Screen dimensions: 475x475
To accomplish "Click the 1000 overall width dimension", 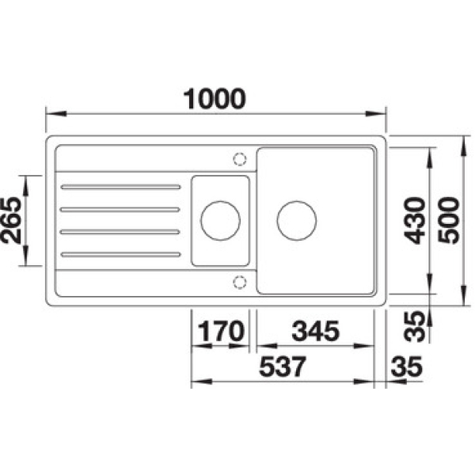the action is tap(215, 99).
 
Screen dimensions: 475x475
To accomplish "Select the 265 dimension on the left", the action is tap(12, 220).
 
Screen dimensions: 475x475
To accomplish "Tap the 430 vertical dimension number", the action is tap(416, 220).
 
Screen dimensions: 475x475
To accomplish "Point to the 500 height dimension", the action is tap(449, 220).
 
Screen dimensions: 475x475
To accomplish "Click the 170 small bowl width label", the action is tap(221, 331).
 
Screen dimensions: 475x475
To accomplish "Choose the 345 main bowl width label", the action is tap(315, 331).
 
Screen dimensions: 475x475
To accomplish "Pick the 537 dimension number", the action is tap(283, 367).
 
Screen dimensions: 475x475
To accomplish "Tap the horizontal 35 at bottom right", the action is tap(407, 367).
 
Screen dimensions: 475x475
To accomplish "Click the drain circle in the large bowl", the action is tap(297, 221).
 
